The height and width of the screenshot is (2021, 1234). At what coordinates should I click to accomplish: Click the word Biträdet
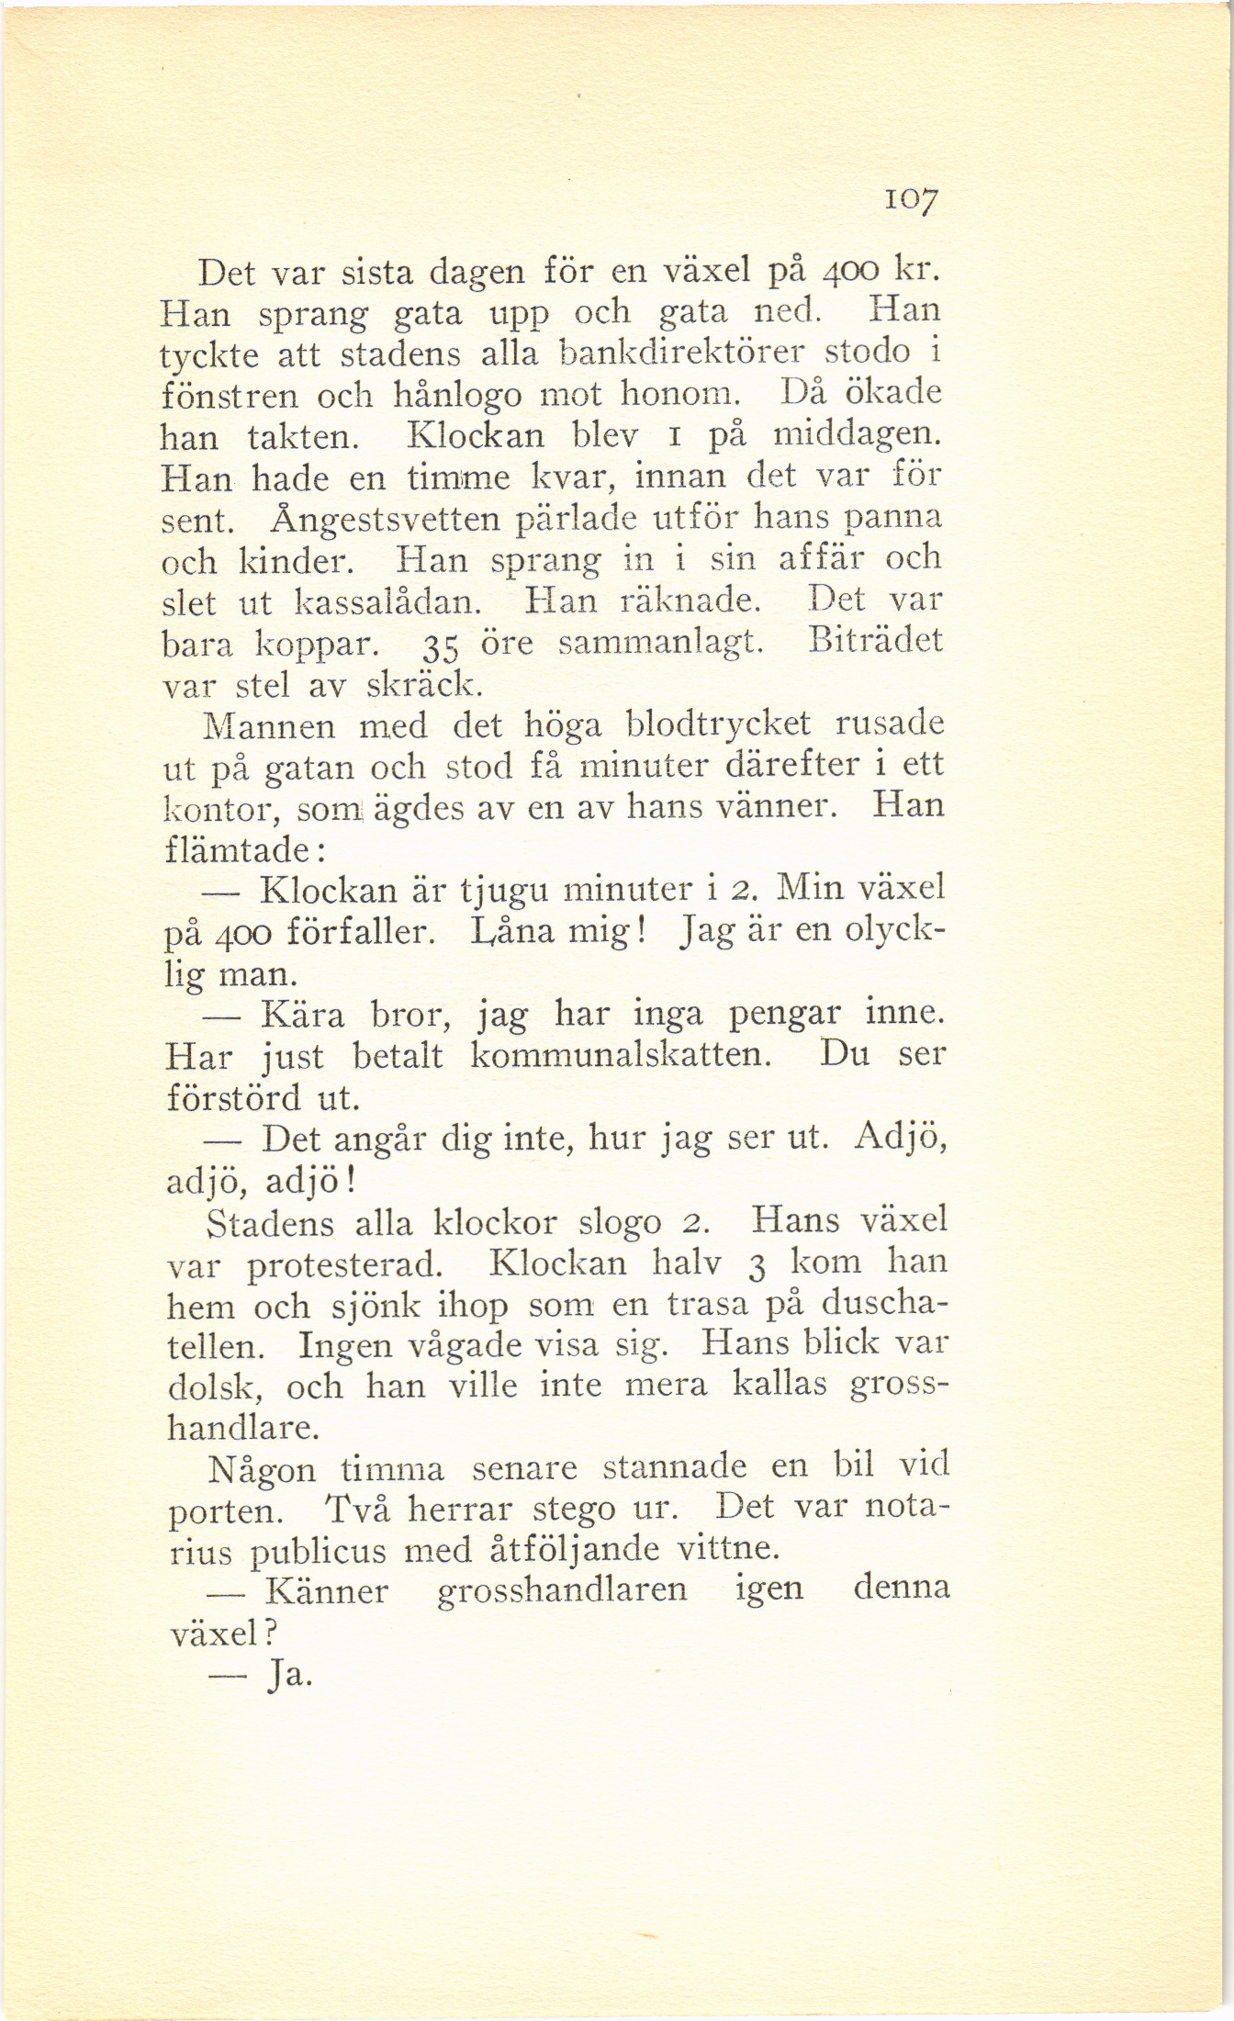click(x=876, y=640)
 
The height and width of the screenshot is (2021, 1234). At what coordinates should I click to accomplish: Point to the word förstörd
click(x=233, y=1097)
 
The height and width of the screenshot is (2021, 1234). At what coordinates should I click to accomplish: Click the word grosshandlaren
click(x=563, y=1591)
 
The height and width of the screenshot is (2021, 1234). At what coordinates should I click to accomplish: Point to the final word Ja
click(x=287, y=1676)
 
